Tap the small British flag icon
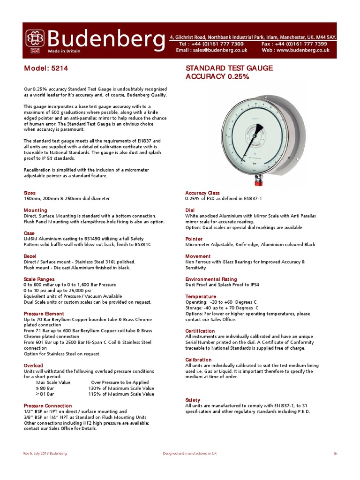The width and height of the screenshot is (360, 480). click(35, 51)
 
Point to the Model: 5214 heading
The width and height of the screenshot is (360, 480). click(46, 68)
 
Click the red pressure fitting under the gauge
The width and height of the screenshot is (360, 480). click(259, 179)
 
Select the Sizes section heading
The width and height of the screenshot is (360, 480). click(30, 193)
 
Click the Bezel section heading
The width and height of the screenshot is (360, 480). click(30, 256)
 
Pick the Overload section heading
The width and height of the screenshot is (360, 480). click(33, 366)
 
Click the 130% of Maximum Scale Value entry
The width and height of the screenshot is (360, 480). click(121, 388)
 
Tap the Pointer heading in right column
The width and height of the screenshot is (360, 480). click(194, 239)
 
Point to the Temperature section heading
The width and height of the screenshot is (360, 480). click(201, 297)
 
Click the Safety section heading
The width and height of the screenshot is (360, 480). click(193, 400)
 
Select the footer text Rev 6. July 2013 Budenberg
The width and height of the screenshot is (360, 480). click(45, 453)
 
